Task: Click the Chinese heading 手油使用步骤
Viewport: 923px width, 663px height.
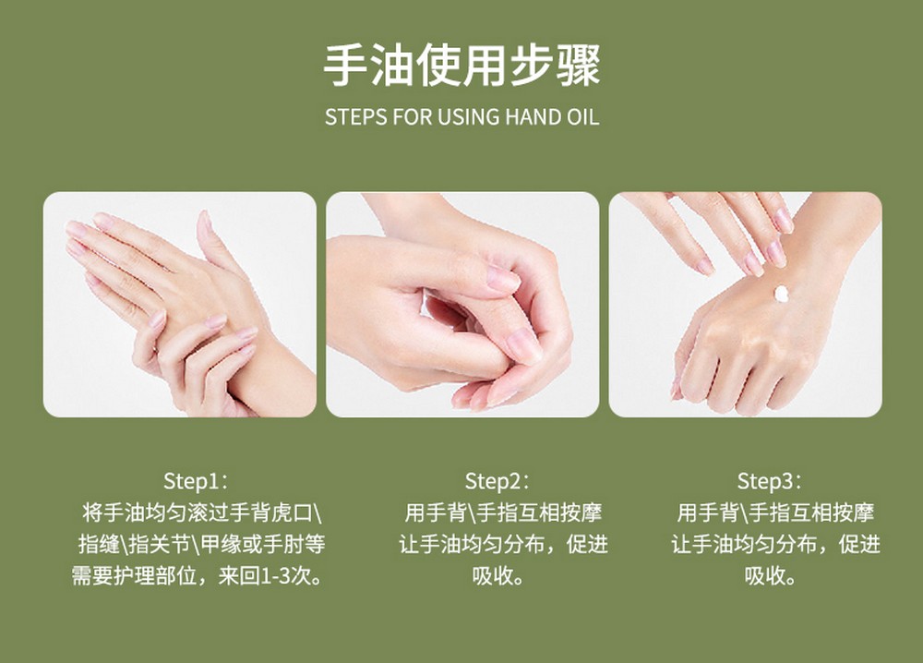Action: (462, 65)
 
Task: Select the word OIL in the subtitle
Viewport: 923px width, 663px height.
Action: (583, 116)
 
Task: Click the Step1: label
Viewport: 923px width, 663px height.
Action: (195, 481)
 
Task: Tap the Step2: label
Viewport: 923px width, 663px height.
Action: (497, 481)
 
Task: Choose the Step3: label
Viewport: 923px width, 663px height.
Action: (769, 481)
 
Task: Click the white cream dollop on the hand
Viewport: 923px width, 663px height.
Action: (781, 294)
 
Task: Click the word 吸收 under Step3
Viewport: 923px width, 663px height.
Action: (764, 575)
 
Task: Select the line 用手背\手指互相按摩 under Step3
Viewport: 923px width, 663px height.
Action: (775, 512)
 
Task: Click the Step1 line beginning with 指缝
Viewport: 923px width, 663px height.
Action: (202, 544)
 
